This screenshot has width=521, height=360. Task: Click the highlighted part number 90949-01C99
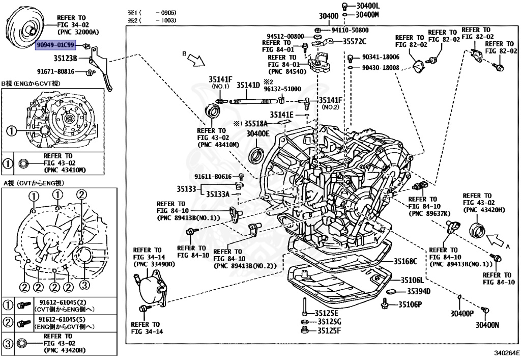55,46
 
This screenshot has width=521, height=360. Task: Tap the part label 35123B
65,58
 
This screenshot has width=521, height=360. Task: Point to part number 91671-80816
55,72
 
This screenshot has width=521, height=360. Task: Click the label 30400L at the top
368,6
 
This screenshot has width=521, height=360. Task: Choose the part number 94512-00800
285,37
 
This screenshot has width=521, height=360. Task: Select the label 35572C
354,41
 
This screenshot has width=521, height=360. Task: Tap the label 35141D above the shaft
248,85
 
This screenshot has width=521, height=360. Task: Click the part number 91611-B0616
212,177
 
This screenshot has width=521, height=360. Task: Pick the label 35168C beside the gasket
405,262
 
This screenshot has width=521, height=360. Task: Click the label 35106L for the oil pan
412,281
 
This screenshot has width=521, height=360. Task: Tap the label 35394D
419,292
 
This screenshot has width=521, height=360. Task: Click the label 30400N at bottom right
487,325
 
